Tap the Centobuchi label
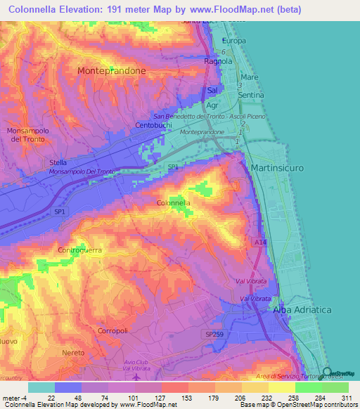tap(154, 126)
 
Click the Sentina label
tap(251, 94)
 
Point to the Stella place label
tap(58, 162)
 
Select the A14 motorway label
tap(260, 241)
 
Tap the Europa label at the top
tap(234, 41)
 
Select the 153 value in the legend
tap(174, 398)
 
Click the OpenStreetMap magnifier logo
tap(328, 372)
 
